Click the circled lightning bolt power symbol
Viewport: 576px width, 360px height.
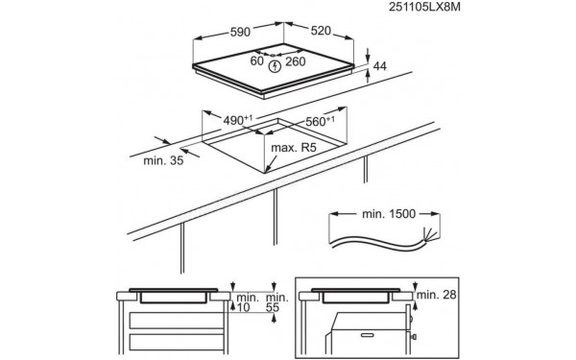[276, 66]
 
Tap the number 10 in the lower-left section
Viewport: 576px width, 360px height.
[242, 306]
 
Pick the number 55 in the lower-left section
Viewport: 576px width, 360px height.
[276, 306]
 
